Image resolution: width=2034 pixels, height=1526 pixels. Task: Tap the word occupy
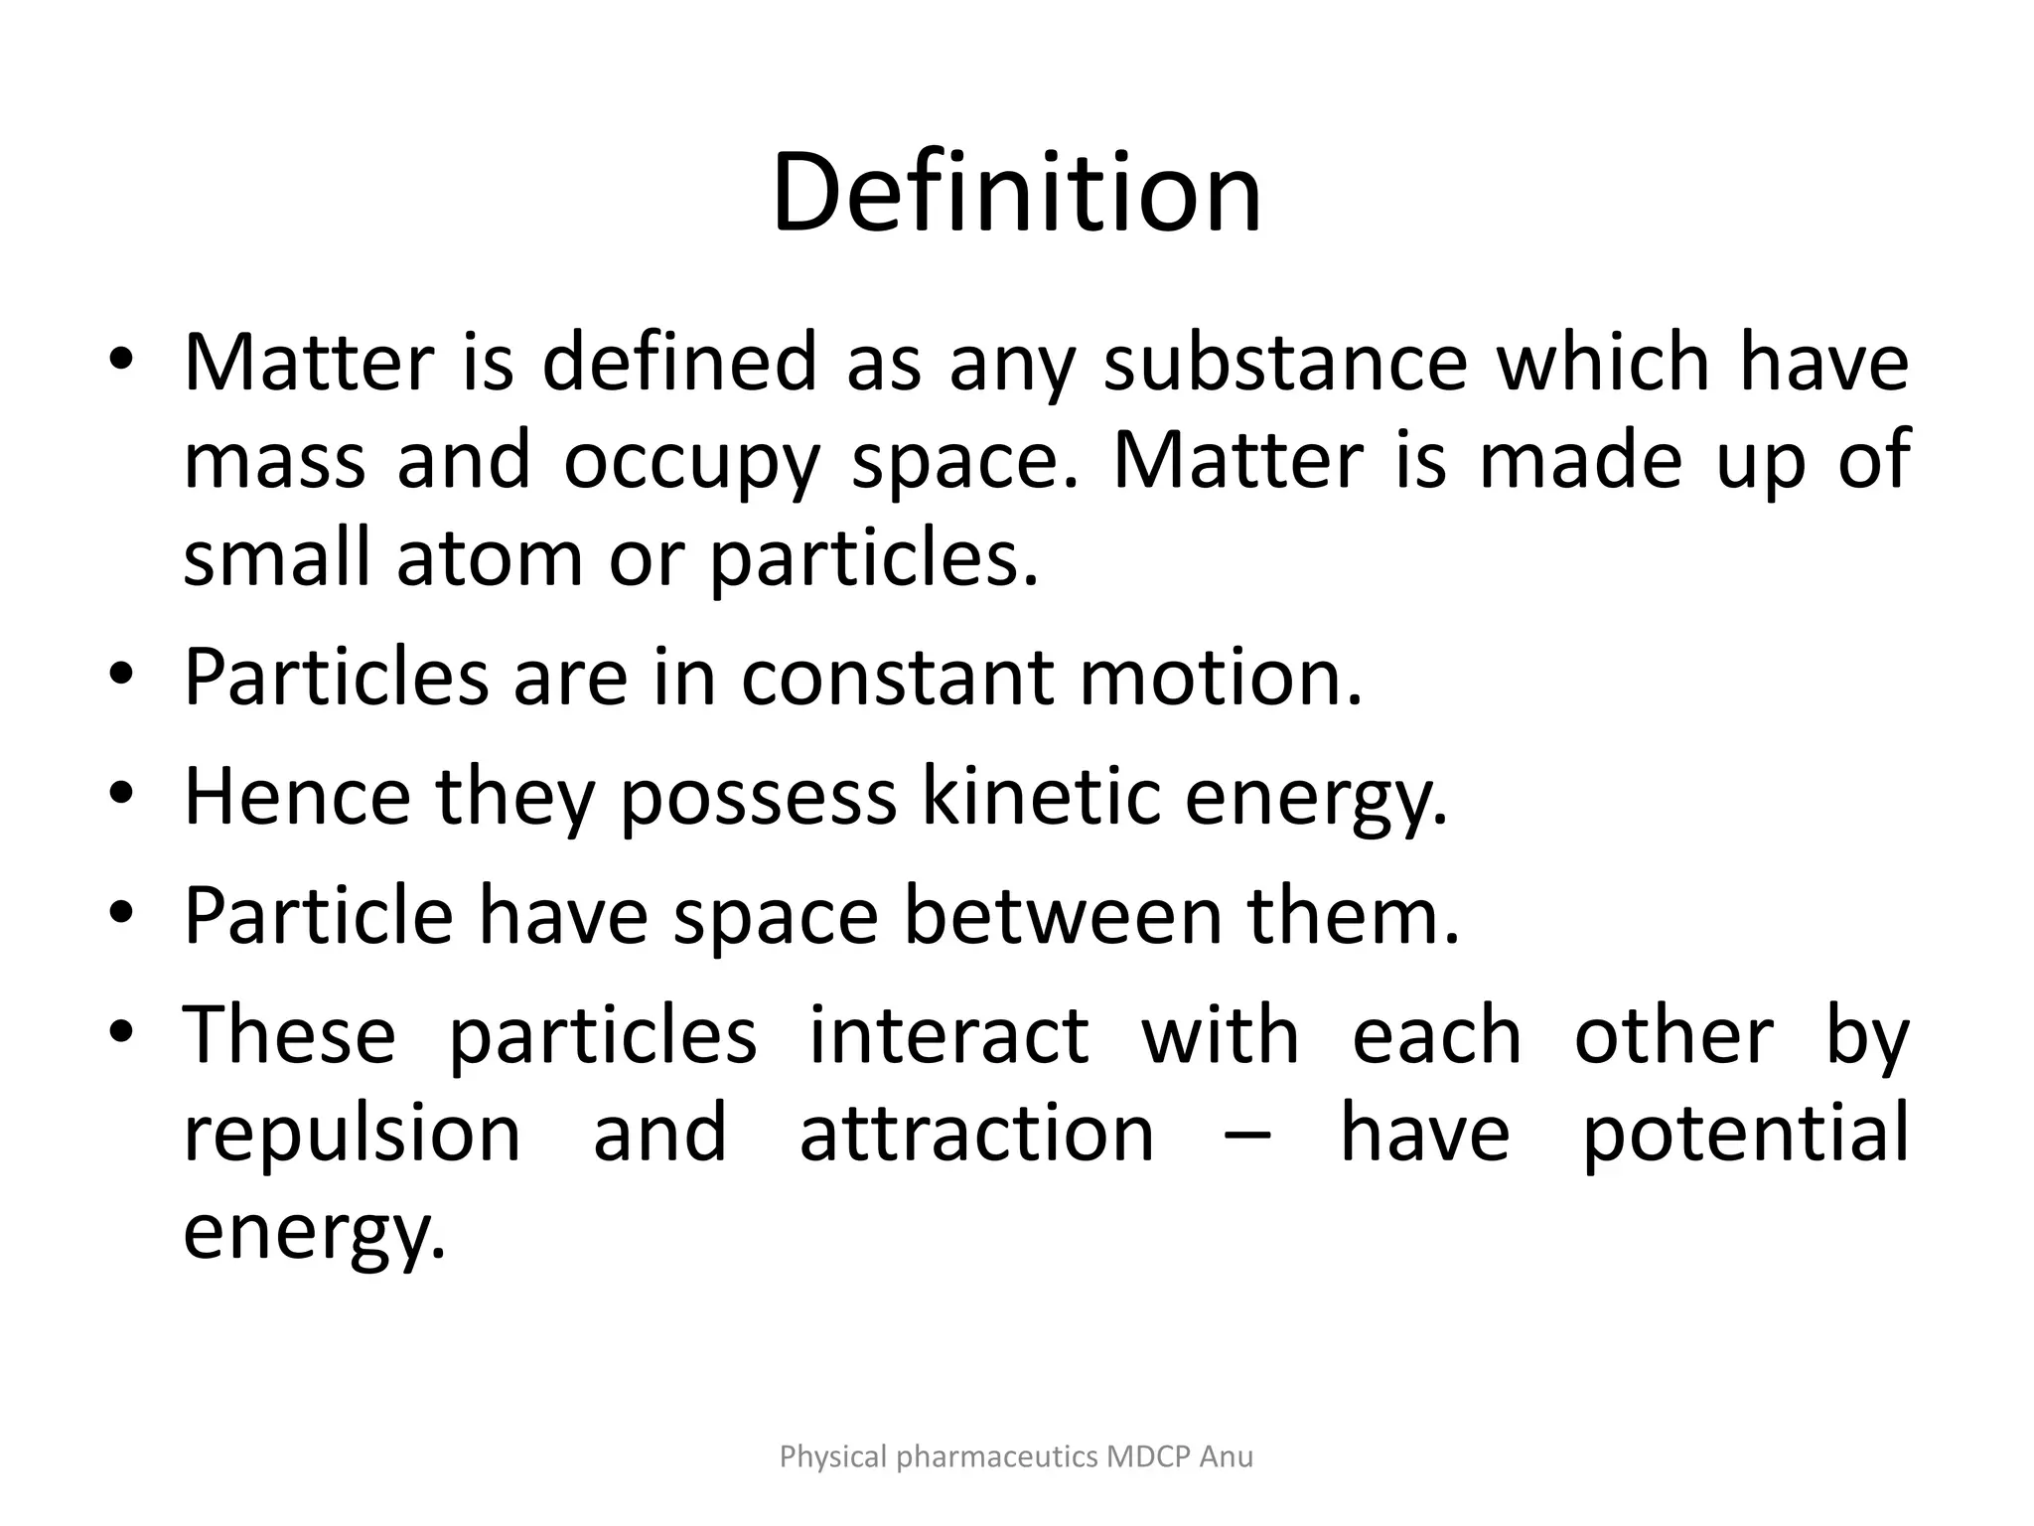click(692, 461)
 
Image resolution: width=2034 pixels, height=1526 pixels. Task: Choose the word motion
click(1221, 678)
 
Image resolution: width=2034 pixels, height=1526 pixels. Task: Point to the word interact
click(948, 1035)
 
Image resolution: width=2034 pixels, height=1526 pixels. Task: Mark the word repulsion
click(353, 1134)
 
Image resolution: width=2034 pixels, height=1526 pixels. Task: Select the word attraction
click(976, 1134)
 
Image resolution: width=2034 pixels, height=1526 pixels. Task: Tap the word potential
click(1744, 1134)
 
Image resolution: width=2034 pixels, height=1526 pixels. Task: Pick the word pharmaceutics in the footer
click(997, 1456)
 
